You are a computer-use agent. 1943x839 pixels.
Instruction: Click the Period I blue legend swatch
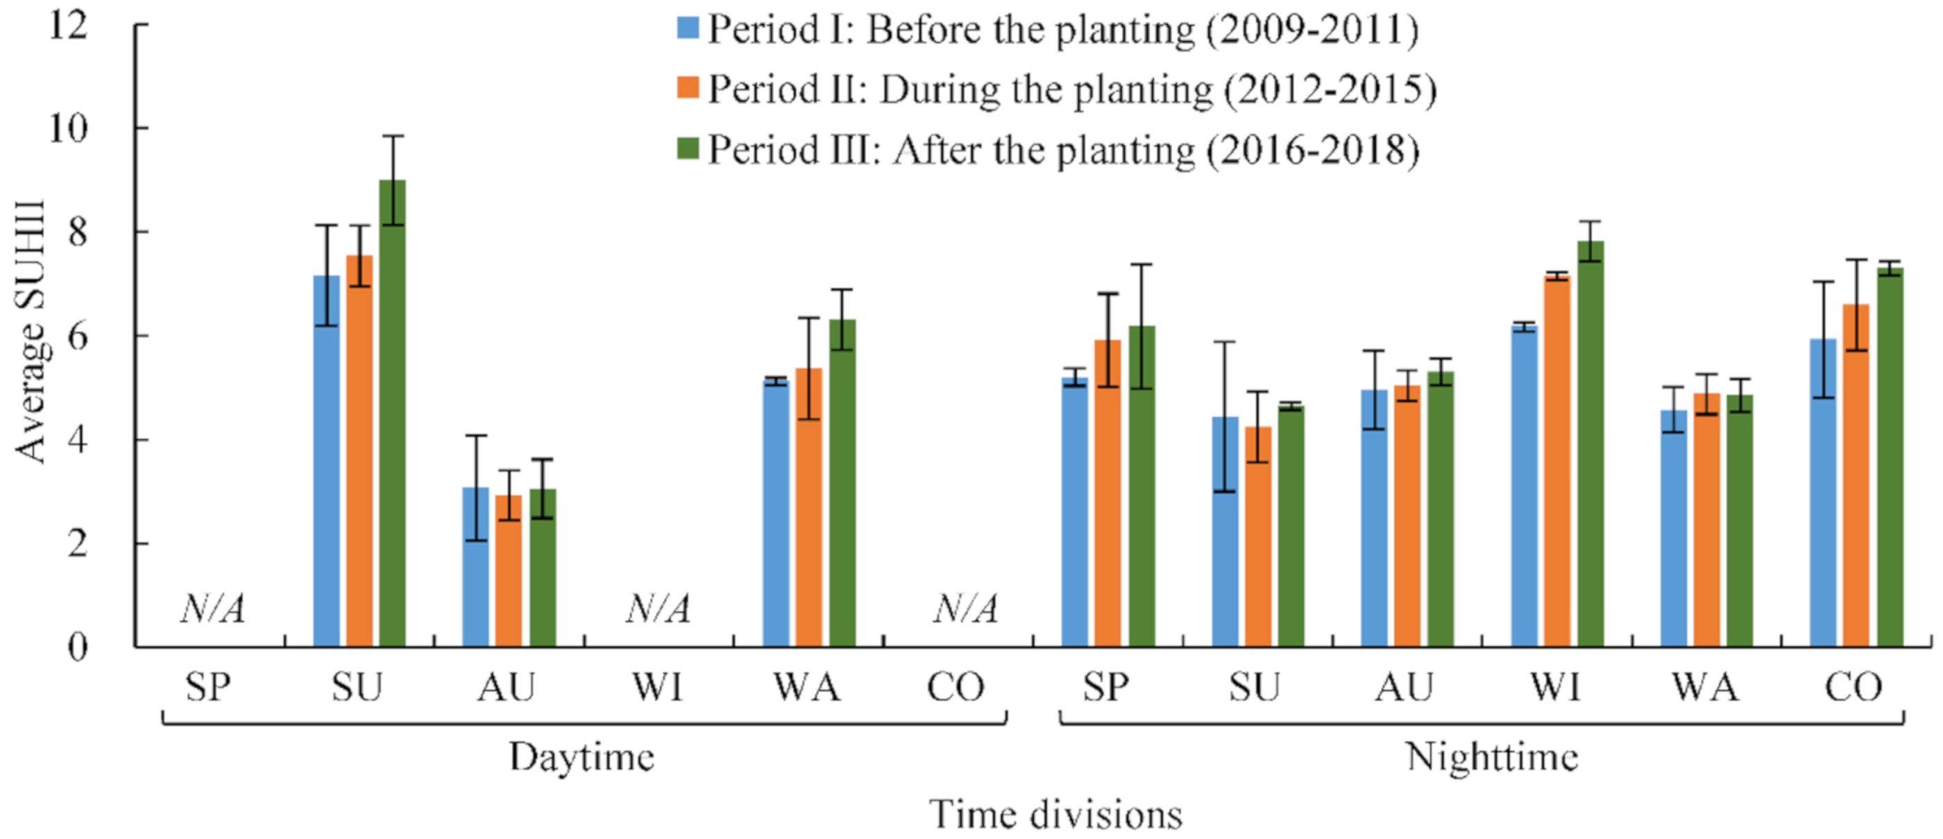pos(688,28)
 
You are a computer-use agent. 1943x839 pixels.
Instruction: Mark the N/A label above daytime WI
pos(658,608)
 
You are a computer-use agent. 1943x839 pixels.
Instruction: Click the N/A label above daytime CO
pos(965,608)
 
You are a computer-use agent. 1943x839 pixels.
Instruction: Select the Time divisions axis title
pos(1056,814)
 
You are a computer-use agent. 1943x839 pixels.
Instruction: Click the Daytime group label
pos(582,756)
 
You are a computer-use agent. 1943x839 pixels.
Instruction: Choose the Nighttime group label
pos(1492,756)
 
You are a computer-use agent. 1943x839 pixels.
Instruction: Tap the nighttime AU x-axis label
pos(1404,687)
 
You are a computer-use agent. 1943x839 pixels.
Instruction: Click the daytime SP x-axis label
pos(208,687)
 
